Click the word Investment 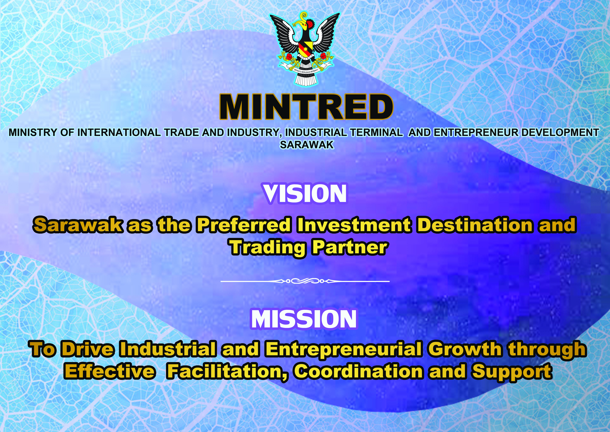pyautogui.click(x=353, y=225)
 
